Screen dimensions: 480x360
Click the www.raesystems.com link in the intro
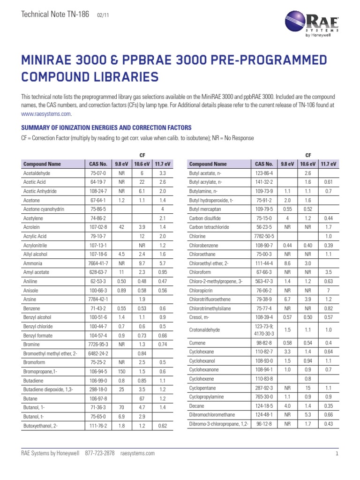(x=46, y=113)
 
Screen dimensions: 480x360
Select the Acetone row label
(x=32, y=200)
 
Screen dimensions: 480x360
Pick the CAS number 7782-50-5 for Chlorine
(x=263, y=236)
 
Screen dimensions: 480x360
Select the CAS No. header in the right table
(x=263, y=165)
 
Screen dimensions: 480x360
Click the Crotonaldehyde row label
(x=205, y=330)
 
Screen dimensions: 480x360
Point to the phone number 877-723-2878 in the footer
(x=100, y=453)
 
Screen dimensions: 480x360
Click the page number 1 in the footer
(x=337, y=453)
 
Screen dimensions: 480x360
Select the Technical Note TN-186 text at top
(x=55, y=15)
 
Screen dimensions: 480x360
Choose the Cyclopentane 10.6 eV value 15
(x=308, y=388)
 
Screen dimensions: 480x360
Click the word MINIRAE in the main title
(x=53, y=61)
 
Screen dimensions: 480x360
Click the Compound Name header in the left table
(x=42, y=165)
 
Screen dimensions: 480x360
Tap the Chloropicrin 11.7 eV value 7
(x=328, y=290)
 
